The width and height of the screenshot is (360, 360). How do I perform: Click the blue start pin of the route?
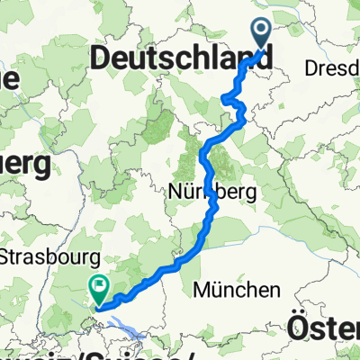point(262,35)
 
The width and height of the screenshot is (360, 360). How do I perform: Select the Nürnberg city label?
point(212,192)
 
